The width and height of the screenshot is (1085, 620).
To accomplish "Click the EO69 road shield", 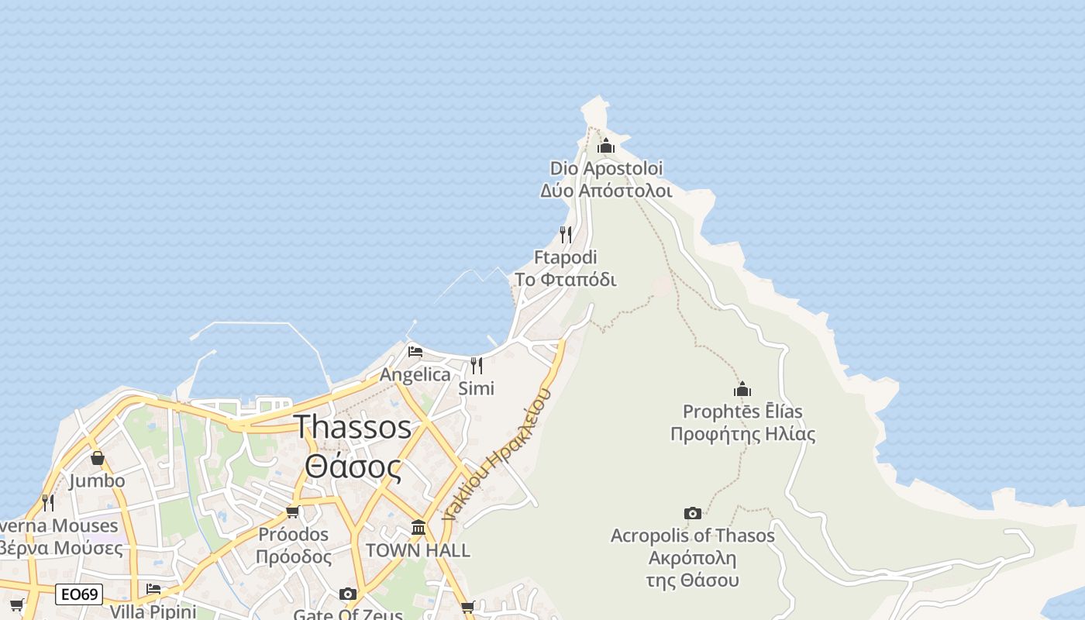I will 80,594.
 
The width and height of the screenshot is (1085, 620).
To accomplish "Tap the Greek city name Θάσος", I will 353,467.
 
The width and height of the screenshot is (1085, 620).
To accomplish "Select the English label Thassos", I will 353,427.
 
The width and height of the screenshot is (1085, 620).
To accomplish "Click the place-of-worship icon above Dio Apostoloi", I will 606,146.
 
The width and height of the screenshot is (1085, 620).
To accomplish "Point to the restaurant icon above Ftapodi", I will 566,234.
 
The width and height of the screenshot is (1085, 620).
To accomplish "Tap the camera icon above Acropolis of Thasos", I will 693,513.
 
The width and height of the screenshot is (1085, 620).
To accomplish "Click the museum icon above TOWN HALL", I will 418,528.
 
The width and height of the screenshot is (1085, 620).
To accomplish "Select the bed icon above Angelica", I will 415,352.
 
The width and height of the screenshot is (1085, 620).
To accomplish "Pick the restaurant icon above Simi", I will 477,365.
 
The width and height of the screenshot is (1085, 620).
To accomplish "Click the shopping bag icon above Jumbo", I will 97,458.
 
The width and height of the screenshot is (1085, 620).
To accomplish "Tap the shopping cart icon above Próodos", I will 292,511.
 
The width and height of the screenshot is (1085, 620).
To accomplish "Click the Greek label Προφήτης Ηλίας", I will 742,434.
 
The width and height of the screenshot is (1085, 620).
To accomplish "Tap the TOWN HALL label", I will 418,550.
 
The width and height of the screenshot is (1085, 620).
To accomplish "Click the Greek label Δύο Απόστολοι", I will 606,190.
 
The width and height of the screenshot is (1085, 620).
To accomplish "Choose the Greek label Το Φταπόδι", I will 566,280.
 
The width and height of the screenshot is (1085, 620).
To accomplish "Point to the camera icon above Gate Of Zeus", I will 348,594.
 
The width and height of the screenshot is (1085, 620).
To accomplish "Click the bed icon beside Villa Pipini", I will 153,589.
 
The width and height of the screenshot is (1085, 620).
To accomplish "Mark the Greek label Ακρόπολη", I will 692,558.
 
